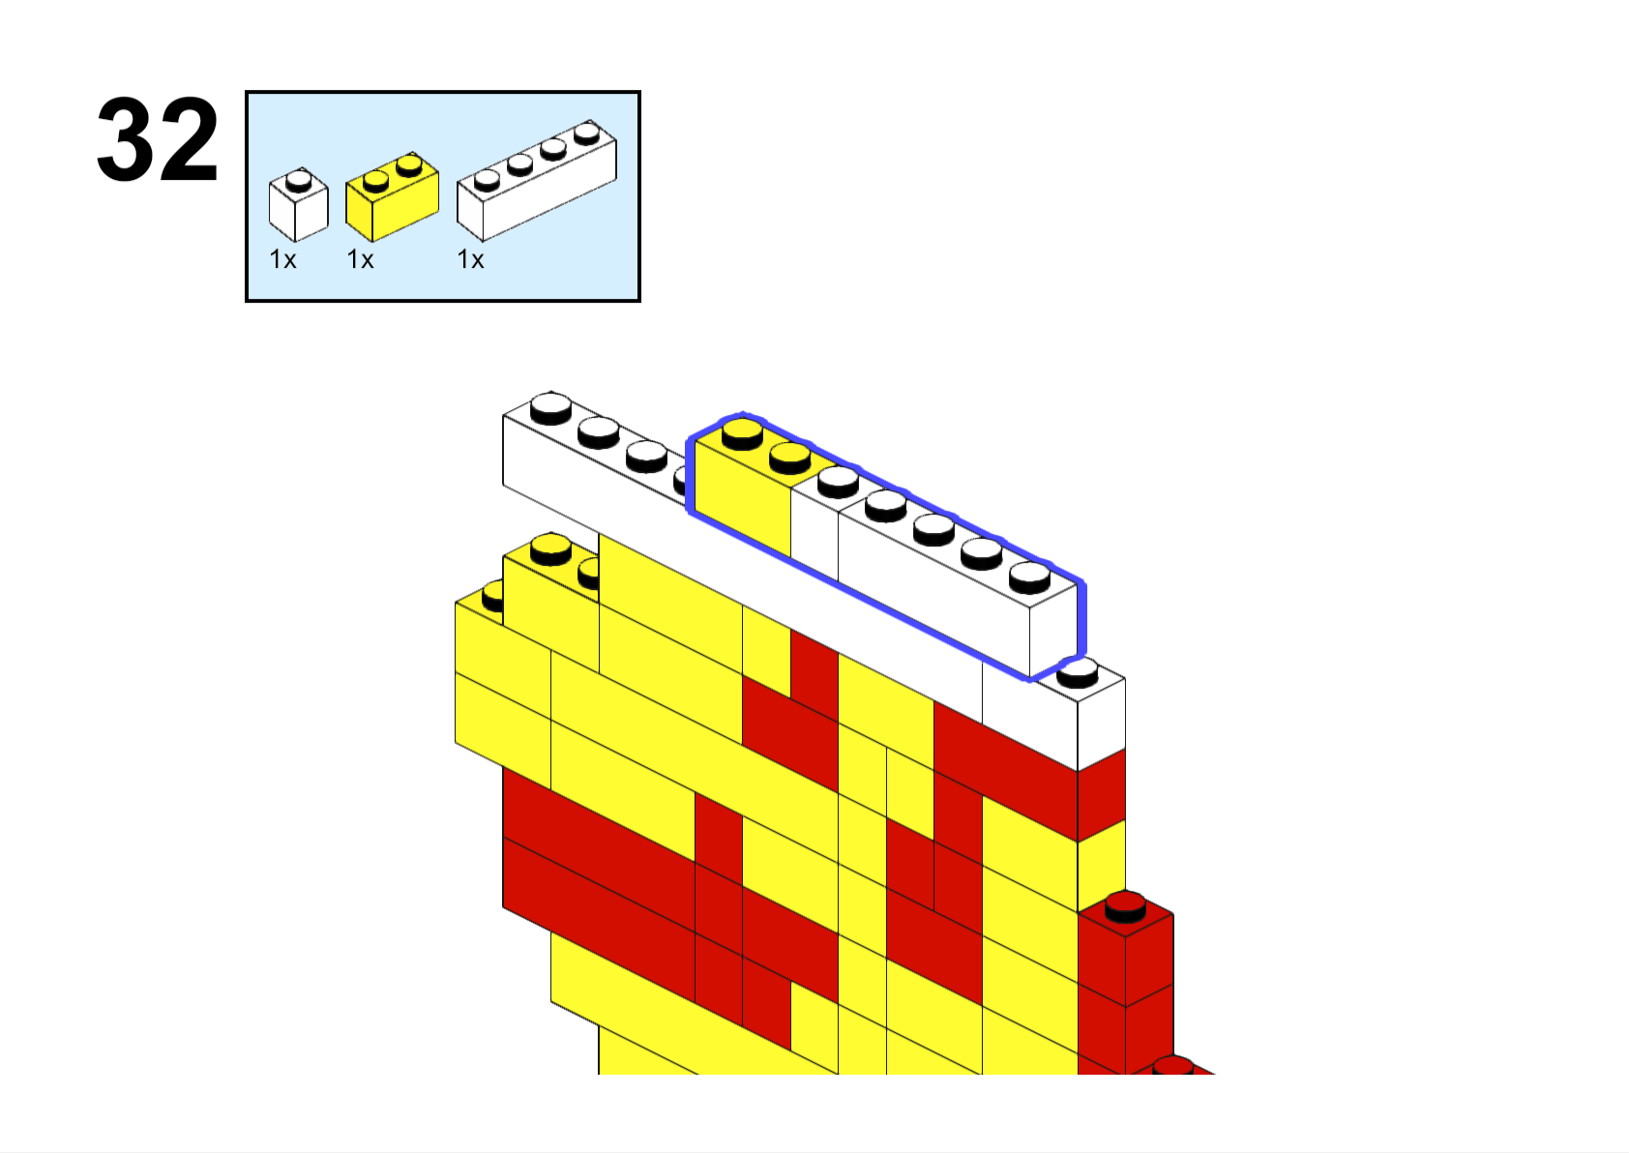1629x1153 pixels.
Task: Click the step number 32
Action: tap(157, 139)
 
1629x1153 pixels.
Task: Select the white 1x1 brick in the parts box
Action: tap(298, 204)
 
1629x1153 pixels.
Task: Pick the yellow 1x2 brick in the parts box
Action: tap(392, 196)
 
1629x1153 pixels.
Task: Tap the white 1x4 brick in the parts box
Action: tap(537, 180)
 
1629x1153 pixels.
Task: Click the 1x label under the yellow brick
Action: tap(360, 259)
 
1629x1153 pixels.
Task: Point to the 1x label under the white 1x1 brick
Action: tap(282, 259)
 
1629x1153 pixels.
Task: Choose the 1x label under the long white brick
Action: tap(470, 259)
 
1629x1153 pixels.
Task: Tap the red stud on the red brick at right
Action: tap(1125, 908)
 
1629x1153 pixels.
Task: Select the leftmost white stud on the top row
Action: tap(551, 408)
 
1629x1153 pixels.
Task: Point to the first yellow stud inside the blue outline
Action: tap(743, 434)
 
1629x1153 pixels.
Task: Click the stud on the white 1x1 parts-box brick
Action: tap(298, 179)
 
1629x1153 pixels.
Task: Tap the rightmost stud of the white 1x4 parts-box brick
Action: tap(587, 133)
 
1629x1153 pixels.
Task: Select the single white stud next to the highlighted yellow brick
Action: tap(839, 482)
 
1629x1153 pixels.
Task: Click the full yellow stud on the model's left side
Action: tap(551, 548)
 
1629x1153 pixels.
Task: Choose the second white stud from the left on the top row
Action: tap(599, 431)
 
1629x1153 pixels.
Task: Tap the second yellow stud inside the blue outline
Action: tap(789, 458)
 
